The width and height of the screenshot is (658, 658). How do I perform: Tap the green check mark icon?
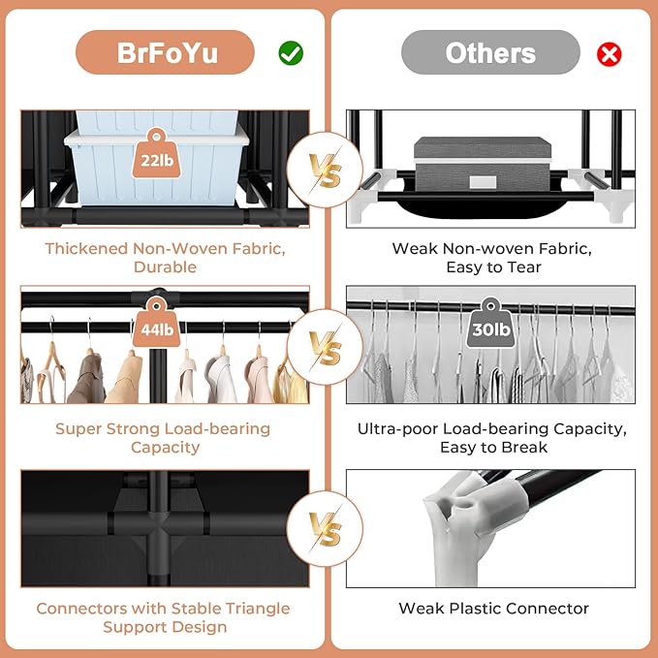291,53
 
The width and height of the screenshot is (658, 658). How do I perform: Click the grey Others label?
490,52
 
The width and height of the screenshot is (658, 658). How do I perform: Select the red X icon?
609,53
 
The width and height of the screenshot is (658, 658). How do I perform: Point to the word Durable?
165,266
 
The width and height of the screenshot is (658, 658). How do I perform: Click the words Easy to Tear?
491,266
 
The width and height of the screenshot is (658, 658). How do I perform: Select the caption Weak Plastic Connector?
493,609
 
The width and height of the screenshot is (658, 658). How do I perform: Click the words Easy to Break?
491,447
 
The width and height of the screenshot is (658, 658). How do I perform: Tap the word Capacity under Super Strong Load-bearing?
165,447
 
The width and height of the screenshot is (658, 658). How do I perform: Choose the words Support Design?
164,627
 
